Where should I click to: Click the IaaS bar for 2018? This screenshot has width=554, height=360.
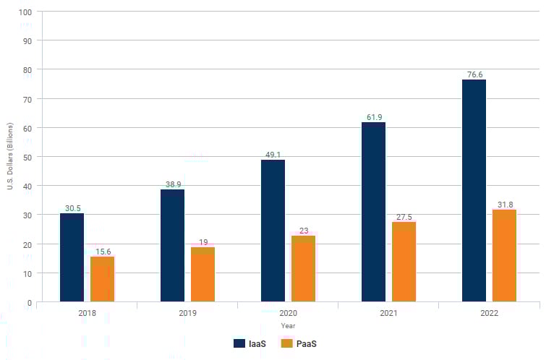click(72, 257)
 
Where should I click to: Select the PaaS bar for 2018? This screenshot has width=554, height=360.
click(103, 279)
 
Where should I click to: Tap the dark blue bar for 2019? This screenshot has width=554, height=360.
click(172, 245)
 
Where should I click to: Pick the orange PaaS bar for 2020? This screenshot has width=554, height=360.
click(304, 268)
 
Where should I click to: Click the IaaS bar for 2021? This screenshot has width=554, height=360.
click(373, 212)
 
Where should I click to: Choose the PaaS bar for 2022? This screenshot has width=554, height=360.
click(505, 255)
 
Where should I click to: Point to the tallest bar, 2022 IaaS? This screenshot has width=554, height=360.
click(474, 190)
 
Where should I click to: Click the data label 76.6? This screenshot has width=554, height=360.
click(474, 74)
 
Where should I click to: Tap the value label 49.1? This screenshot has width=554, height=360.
click(273, 154)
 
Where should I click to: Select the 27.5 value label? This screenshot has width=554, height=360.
click(404, 217)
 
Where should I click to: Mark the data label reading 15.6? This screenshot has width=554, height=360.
click(103, 251)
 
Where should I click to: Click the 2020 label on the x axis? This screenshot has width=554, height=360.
click(288, 314)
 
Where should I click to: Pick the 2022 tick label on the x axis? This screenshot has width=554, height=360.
click(489, 314)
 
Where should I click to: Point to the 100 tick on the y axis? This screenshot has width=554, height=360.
click(25, 12)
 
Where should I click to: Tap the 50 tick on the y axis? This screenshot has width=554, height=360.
click(27, 157)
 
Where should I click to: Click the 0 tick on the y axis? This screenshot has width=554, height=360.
click(30, 302)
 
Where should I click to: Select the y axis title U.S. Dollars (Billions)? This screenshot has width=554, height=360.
click(10, 157)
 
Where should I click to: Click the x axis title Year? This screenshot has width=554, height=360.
click(288, 325)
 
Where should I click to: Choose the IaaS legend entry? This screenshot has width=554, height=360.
click(250, 343)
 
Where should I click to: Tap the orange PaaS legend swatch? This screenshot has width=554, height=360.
click(286, 343)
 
